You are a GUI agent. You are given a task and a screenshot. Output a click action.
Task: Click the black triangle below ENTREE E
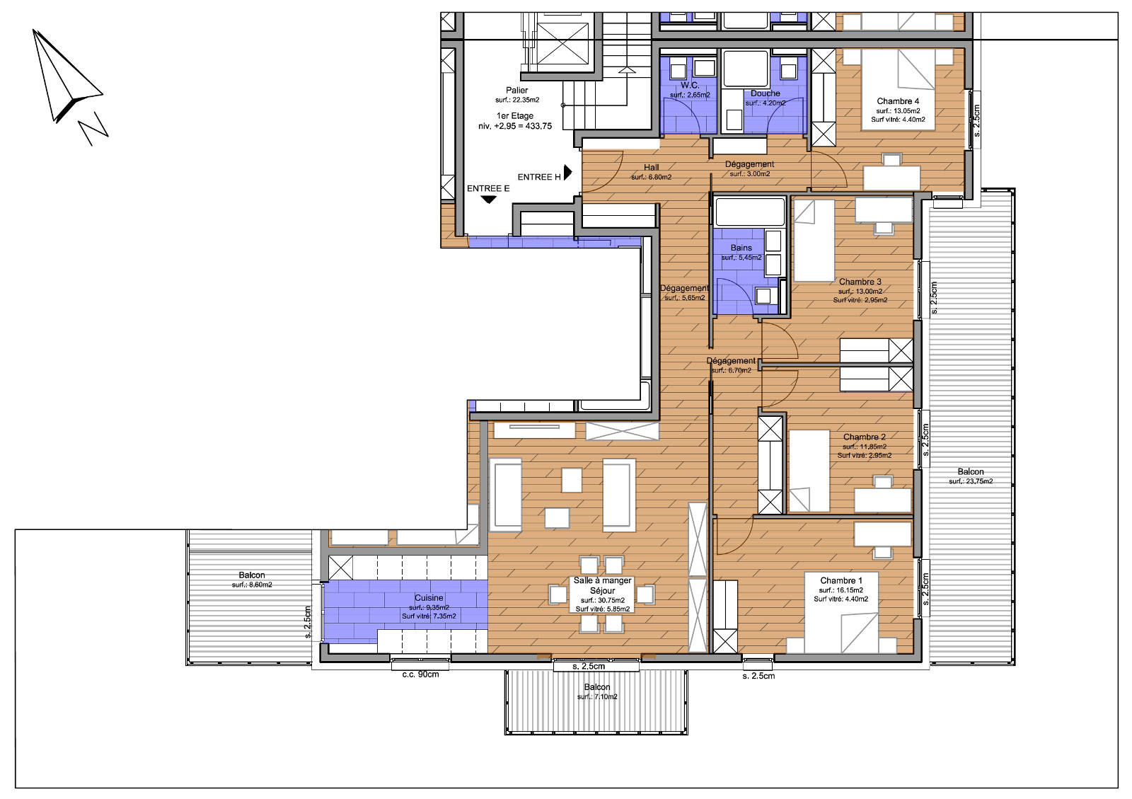tap(488, 200)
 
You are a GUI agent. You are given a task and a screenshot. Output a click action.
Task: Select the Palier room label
tap(516, 91)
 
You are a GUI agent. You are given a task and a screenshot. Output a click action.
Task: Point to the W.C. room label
tap(689, 85)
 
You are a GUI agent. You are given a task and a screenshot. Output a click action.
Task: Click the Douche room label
tap(765, 93)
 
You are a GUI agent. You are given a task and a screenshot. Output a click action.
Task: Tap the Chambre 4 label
tap(898, 101)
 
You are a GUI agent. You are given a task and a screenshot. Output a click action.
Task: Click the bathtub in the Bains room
tap(750, 211)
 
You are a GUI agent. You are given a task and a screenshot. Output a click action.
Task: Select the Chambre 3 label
tap(860, 282)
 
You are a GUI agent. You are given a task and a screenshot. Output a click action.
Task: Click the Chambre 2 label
tap(864, 437)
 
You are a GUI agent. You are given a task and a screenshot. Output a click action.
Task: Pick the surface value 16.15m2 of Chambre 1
tap(841, 590)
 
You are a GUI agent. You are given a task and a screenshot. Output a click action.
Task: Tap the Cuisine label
tap(429, 598)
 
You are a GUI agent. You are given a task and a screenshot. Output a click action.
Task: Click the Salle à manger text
tap(602, 580)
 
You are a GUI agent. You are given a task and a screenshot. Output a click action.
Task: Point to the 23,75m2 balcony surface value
tap(971, 481)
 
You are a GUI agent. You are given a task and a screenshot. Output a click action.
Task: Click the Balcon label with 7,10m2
tap(597, 687)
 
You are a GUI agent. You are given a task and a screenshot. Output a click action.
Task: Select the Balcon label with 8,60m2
tap(252, 575)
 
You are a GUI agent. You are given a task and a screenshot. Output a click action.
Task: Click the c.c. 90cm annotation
tap(420, 674)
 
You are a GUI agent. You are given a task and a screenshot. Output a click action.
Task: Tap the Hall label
tap(651, 168)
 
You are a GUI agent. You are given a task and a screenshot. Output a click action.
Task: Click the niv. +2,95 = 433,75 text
tap(514, 126)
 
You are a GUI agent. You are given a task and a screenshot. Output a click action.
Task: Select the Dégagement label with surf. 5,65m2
tap(684, 288)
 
